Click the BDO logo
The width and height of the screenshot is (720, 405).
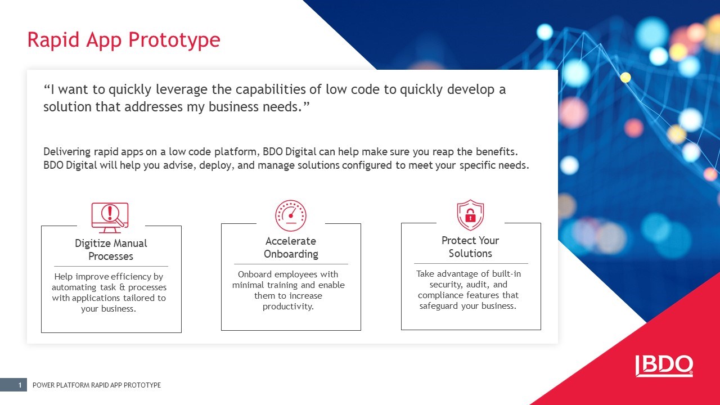click(664, 366)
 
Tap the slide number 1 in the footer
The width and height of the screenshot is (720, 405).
click(20, 385)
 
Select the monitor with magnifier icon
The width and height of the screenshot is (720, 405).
click(110, 218)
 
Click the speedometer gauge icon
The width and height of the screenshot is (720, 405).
click(291, 215)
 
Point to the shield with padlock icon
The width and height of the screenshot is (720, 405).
click(470, 215)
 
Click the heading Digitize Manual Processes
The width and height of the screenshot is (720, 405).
click(111, 250)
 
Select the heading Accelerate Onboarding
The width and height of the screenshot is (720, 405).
click(291, 247)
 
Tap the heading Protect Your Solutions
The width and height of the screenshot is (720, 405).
click(470, 247)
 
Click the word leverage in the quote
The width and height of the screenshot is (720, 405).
click(182, 89)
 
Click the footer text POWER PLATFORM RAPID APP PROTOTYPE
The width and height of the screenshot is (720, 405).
click(97, 385)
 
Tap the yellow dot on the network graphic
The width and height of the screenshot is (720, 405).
click(625, 78)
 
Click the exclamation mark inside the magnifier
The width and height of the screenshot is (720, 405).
click(110, 212)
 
